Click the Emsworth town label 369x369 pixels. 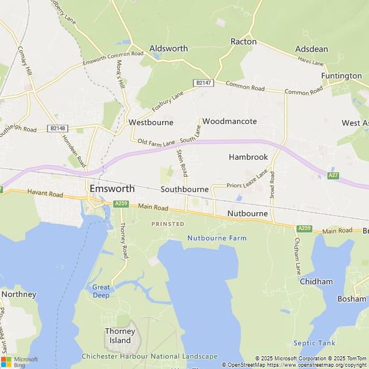(x=112, y=189)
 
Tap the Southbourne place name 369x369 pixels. (x=184, y=189)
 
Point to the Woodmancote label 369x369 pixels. (x=229, y=122)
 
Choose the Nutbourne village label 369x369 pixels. (x=247, y=213)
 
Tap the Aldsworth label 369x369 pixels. (x=168, y=49)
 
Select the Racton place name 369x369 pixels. (x=243, y=42)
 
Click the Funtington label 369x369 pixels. (x=341, y=76)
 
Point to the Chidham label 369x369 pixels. (x=316, y=281)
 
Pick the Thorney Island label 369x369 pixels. (x=120, y=336)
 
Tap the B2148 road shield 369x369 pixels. (x=58, y=128)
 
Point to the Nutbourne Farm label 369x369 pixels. (x=216, y=238)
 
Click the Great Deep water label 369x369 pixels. (x=101, y=291)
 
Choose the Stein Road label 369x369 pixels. (x=182, y=163)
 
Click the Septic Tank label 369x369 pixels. (x=314, y=342)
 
